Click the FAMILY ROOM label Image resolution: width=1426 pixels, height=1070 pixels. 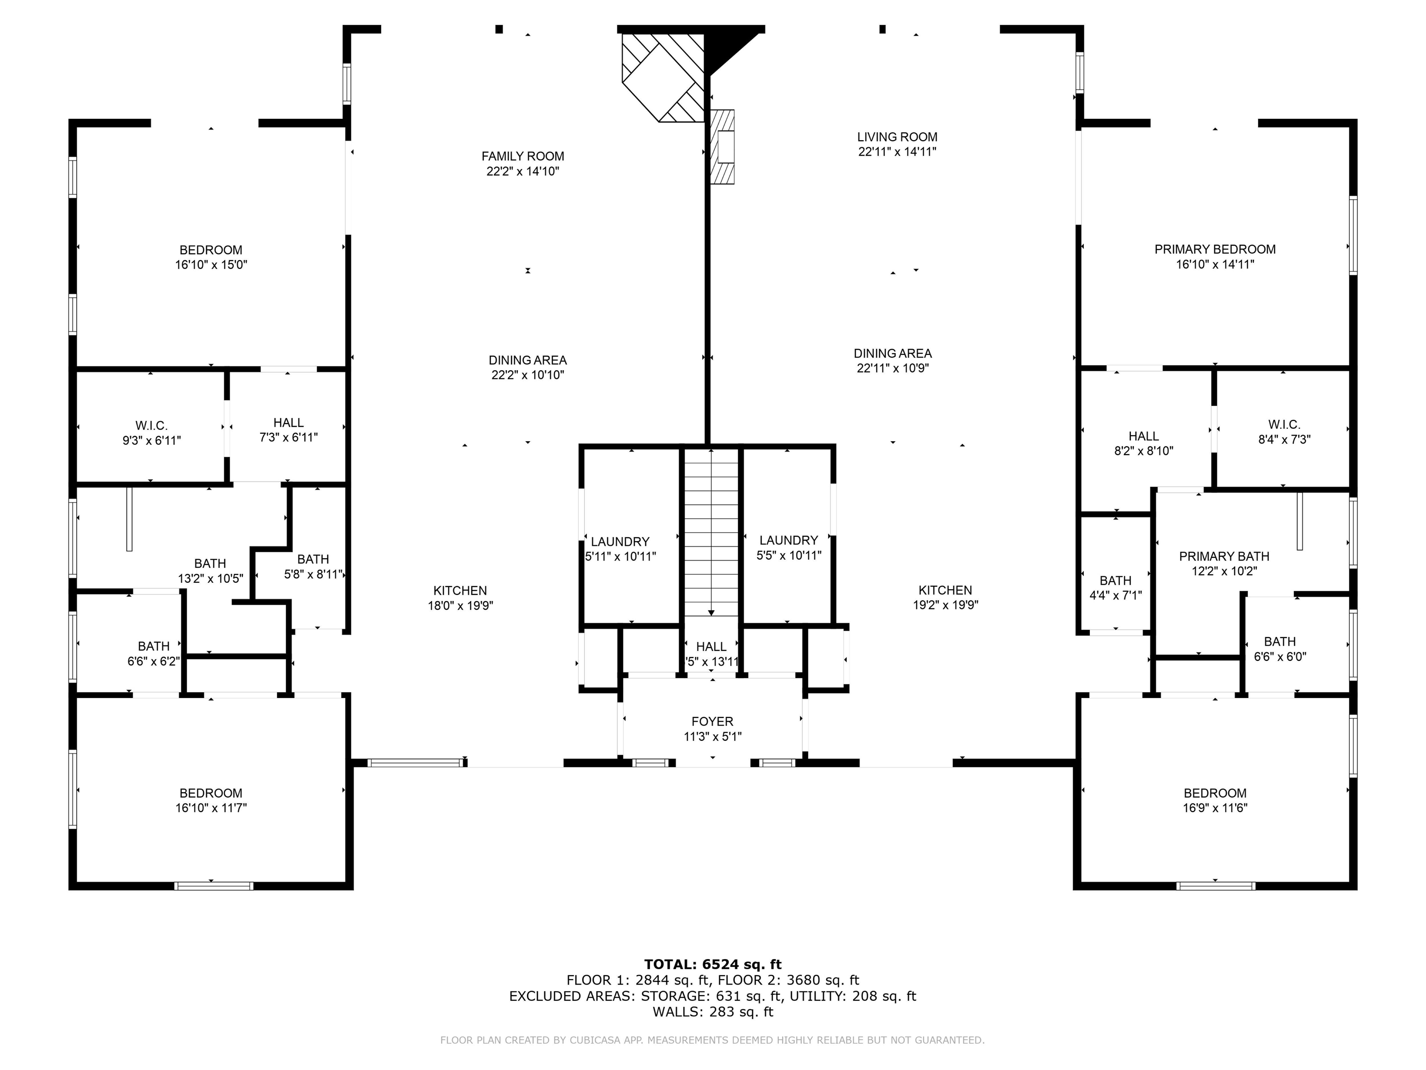point(522,156)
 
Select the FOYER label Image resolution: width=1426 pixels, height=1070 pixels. point(712,722)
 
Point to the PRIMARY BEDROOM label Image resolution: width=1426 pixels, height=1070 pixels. point(1214,249)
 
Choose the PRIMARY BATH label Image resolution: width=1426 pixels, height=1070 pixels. point(1224,556)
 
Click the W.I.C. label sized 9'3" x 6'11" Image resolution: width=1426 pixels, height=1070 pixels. point(151,426)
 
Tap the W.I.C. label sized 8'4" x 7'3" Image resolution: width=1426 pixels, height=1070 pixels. point(1284,424)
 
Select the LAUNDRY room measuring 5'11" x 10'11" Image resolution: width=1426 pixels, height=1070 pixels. point(620,542)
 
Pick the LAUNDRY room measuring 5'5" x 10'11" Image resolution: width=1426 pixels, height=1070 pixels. point(788,541)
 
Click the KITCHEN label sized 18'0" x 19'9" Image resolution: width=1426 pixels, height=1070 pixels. point(460,591)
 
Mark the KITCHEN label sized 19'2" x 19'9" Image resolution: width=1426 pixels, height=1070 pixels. point(945,590)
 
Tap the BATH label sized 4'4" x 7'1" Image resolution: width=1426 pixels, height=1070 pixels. point(1115,581)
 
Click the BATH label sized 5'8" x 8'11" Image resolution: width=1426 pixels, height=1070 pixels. point(313,560)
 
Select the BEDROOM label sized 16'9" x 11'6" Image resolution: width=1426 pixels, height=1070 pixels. point(1214,793)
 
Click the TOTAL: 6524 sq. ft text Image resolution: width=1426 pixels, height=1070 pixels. point(713,964)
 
